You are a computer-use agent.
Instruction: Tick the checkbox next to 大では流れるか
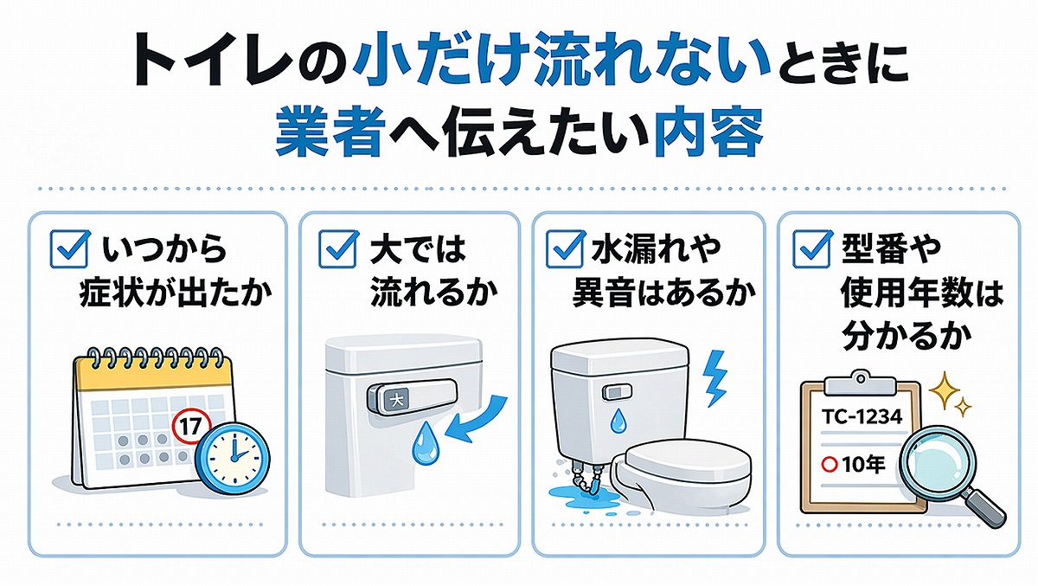pyautogui.click(x=336, y=250)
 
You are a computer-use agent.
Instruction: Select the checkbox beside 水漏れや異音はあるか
pyautogui.click(x=566, y=250)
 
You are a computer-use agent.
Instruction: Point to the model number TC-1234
pyautogui.click(x=863, y=417)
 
